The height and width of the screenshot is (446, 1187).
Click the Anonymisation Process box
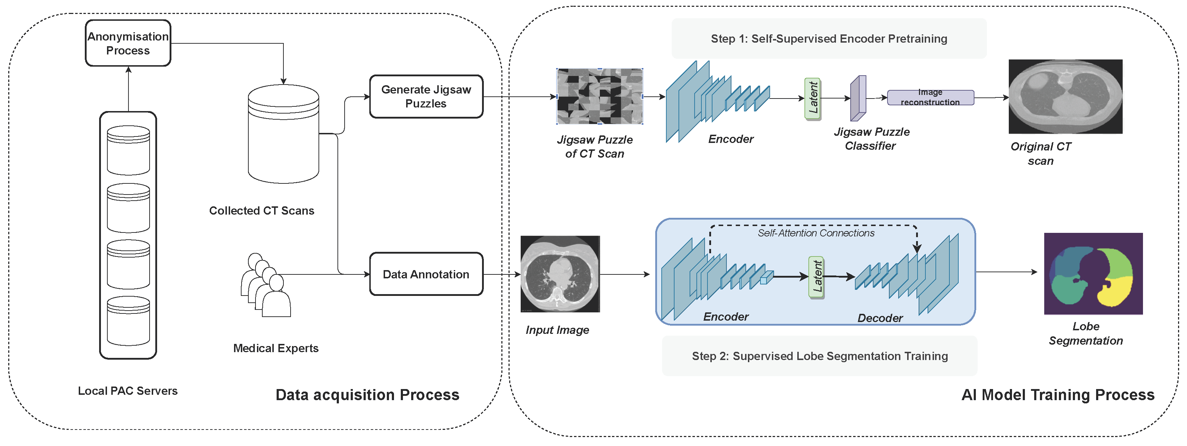[x=128, y=43]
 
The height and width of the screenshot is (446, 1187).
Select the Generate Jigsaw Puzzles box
[x=426, y=96]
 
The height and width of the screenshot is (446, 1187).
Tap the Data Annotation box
[x=426, y=274]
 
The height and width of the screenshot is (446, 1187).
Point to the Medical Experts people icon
[x=266, y=286]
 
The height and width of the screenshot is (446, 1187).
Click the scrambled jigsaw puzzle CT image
[x=599, y=96]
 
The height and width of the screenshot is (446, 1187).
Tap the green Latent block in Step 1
[x=813, y=98]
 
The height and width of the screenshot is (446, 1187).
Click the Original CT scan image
[x=1065, y=96]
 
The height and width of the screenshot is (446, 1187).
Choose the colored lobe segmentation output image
[x=1093, y=273]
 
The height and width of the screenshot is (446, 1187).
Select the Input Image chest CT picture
[x=560, y=274]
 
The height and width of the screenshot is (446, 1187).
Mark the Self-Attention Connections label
[x=816, y=233]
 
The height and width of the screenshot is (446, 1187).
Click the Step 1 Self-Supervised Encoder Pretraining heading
[x=828, y=39]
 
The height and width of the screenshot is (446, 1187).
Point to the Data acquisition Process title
[x=367, y=395]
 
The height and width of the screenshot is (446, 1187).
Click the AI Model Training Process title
[x=1057, y=395]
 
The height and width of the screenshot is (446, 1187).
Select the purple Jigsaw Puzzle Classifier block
[x=858, y=98]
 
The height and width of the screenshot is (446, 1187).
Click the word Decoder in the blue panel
[x=880, y=318]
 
